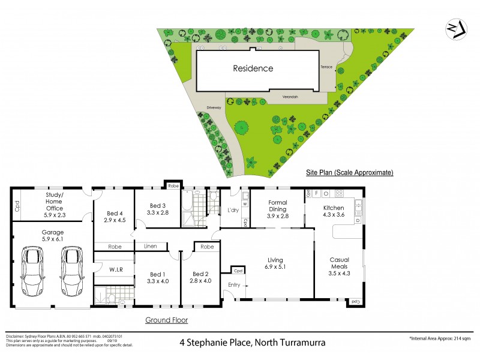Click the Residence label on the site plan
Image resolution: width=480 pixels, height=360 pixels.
pos(253,68)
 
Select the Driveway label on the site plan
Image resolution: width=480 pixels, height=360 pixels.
pos(214,108)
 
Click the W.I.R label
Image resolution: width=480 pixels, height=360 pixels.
pos(116,269)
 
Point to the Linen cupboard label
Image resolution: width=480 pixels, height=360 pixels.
pos(149,246)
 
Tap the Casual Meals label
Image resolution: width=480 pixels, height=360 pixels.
pos(339,263)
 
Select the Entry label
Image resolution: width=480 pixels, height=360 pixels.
pos(234,286)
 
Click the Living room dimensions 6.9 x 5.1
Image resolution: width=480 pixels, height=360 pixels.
pos(275,268)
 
